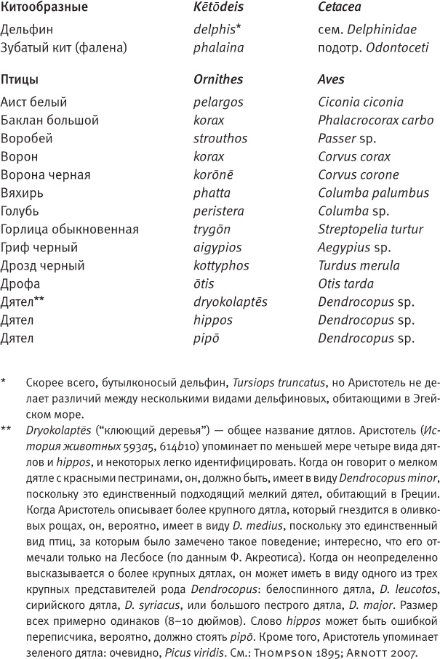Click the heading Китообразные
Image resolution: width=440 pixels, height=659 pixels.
tap(44, 9)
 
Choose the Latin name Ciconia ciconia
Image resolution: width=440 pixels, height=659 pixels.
tap(360, 102)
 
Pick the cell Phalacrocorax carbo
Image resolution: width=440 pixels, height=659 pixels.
tap(375, 121)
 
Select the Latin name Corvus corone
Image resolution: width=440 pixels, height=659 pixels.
tap(358, 174)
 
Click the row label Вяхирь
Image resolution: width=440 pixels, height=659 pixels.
tap(20, 193)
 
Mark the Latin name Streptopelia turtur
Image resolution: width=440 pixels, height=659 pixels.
tap(370, 229)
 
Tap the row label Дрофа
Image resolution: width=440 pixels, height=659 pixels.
tap(20, 283)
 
